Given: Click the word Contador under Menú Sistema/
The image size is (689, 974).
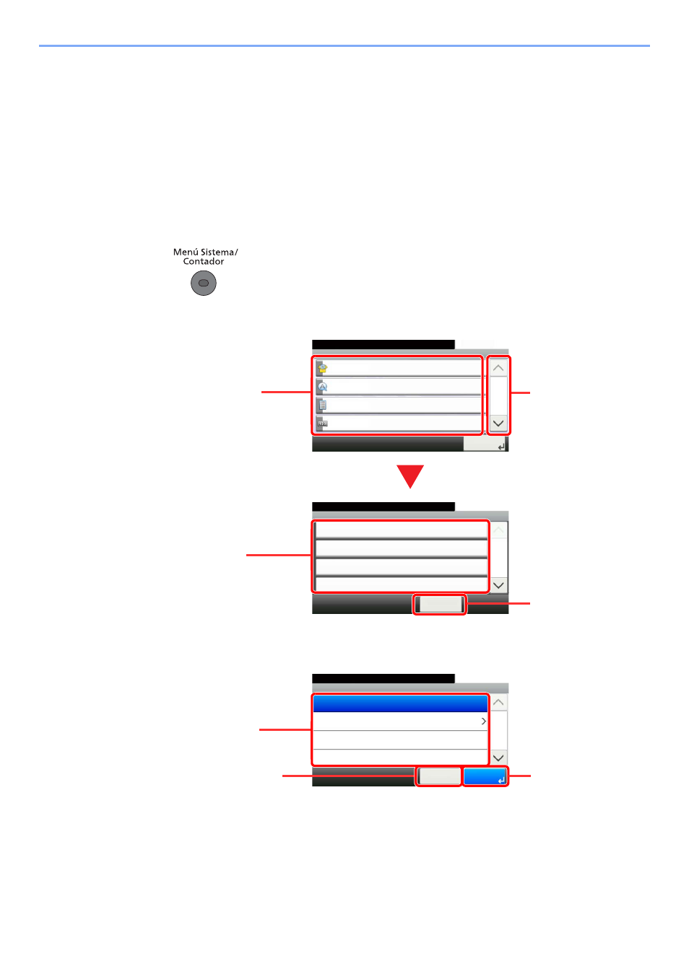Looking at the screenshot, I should point(204,262).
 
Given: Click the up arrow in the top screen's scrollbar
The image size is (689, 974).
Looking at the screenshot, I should point(498,368).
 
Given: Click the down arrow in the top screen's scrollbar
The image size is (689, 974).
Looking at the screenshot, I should point(498,424).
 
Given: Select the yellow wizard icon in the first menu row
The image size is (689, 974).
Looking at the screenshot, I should point(322,368).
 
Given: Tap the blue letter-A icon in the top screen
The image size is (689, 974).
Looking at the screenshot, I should point(322,387).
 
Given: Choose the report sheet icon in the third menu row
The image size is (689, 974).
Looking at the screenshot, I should point(322,405).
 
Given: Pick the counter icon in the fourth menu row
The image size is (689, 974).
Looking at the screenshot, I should point(322,424).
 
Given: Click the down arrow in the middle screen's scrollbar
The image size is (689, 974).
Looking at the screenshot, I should point(498,585).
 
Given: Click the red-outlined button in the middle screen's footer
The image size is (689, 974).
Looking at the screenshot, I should point(440,605).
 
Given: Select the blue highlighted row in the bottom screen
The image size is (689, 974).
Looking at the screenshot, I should point(401,703).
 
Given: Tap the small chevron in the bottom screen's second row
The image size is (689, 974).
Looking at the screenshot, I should point(483,721).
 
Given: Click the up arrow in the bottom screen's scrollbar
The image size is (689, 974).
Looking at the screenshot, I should point(498,703).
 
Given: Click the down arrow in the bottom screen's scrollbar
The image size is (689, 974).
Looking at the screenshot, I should point(498,758).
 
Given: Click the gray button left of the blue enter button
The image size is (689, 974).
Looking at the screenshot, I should point(438,776).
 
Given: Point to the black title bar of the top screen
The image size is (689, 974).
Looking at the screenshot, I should point(383,345).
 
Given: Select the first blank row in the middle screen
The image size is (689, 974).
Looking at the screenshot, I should point(402,530).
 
